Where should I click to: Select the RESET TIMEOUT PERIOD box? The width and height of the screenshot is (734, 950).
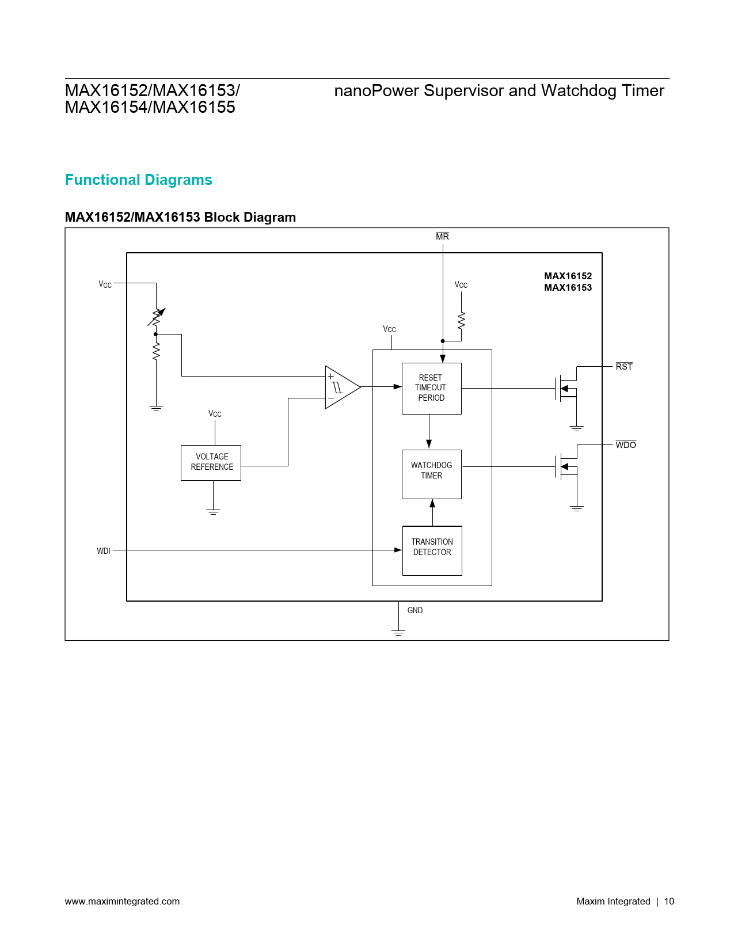click(x=431, y=388)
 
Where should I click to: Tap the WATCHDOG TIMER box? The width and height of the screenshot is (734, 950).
click(x=431, y=473)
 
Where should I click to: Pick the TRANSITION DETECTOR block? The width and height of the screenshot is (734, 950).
click(x=432, y=550)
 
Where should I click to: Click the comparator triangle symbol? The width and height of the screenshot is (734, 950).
click(x=341, y=387)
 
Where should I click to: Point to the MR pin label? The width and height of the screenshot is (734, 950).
click(x=442, y=237)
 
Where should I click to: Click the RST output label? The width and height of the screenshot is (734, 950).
click(x=624, y=367)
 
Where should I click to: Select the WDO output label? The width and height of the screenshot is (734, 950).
click(x=626, y=445)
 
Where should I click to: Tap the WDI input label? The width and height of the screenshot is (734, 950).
click(x=104, y=551)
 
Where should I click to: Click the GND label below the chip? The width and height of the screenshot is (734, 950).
click(x=414, y=610)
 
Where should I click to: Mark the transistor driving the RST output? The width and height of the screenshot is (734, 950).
click(x=566, y=388)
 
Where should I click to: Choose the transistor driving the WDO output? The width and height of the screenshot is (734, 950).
click(x=566, y=466)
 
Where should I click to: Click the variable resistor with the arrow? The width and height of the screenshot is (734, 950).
click(x=156, y=317)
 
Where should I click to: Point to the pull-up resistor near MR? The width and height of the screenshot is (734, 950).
click(x=461, y=321)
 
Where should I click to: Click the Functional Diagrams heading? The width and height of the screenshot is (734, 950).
click(x=138, y=180)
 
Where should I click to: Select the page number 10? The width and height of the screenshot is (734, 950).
click(x=669, y=901)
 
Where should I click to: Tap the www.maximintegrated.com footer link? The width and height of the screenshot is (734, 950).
click(x=122, y=901)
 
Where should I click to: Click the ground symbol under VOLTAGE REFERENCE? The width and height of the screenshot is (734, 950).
click(x=213, y=511)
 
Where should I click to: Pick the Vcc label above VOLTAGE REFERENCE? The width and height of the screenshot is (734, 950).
click(x=215, y=414)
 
